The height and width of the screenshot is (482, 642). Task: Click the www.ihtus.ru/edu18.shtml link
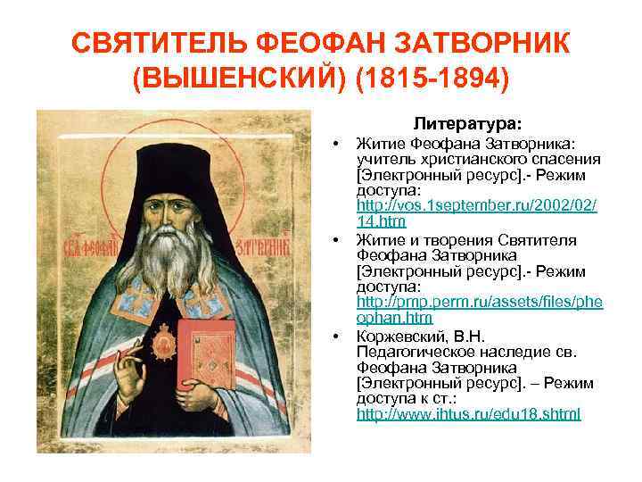(468, 413)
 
